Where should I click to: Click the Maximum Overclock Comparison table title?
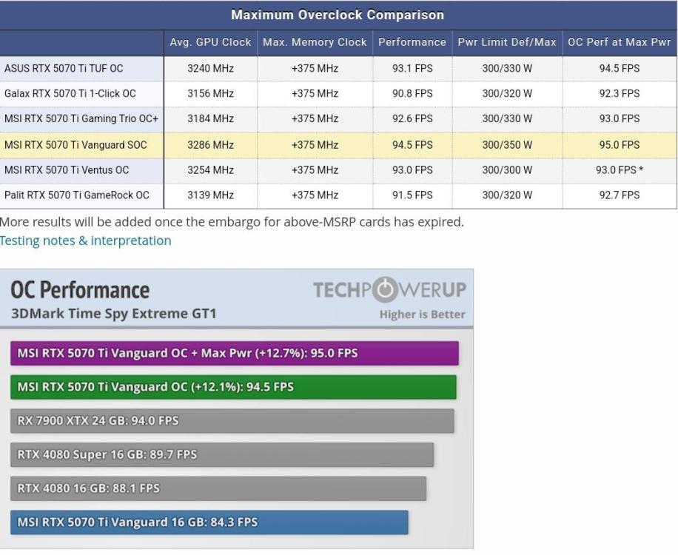tap(338, 15)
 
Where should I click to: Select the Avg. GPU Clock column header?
tap(210, 42)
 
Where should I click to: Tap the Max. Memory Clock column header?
tap(315, 42)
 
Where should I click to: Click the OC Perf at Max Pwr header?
tap(619, 42)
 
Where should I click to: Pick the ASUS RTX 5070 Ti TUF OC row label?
tap(64, 68)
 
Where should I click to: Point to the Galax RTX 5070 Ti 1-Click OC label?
tap(70, 93)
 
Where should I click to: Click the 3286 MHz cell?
tap(210, 145)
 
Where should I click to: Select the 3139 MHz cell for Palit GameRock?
tap(210, 195)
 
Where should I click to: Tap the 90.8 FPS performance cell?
tap(412, 93)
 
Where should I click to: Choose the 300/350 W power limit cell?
tap(507, 145)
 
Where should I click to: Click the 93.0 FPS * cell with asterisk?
tap(620, 170)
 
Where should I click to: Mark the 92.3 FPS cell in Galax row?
tap(620, 93)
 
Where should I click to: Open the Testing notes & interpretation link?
tap(86, 240)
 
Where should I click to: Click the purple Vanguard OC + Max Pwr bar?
tap(235, 353)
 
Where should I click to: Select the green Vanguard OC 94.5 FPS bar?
tap(233, 387)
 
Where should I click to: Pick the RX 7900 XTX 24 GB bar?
tap(232, 421)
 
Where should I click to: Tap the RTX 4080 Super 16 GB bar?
tap(222, 454)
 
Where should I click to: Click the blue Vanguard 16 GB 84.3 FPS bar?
tap(209, 522)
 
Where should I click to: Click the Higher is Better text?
tap(422, 314)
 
